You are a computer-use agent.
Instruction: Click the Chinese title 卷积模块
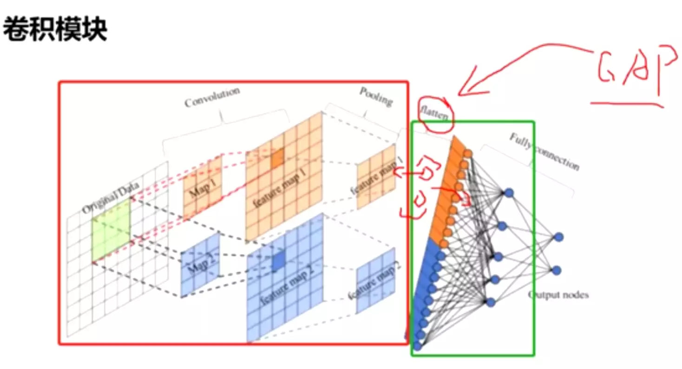coord(55,30)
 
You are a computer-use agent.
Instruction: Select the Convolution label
coord(212,96)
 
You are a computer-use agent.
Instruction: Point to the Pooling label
coord(375,96)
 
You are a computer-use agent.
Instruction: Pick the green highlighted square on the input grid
coord(111,229)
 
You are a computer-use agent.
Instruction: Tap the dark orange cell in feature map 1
coord(277,158)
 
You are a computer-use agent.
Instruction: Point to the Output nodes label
coord(558,295)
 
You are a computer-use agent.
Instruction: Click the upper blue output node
coord(558,237)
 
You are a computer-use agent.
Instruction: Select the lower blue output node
coord(557,270)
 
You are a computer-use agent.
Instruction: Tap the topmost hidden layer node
coord(509,193)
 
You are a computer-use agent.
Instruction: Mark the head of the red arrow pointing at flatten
coord(460,94)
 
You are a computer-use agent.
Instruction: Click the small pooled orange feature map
coord(376,177)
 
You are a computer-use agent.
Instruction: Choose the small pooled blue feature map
coord(375,281)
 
